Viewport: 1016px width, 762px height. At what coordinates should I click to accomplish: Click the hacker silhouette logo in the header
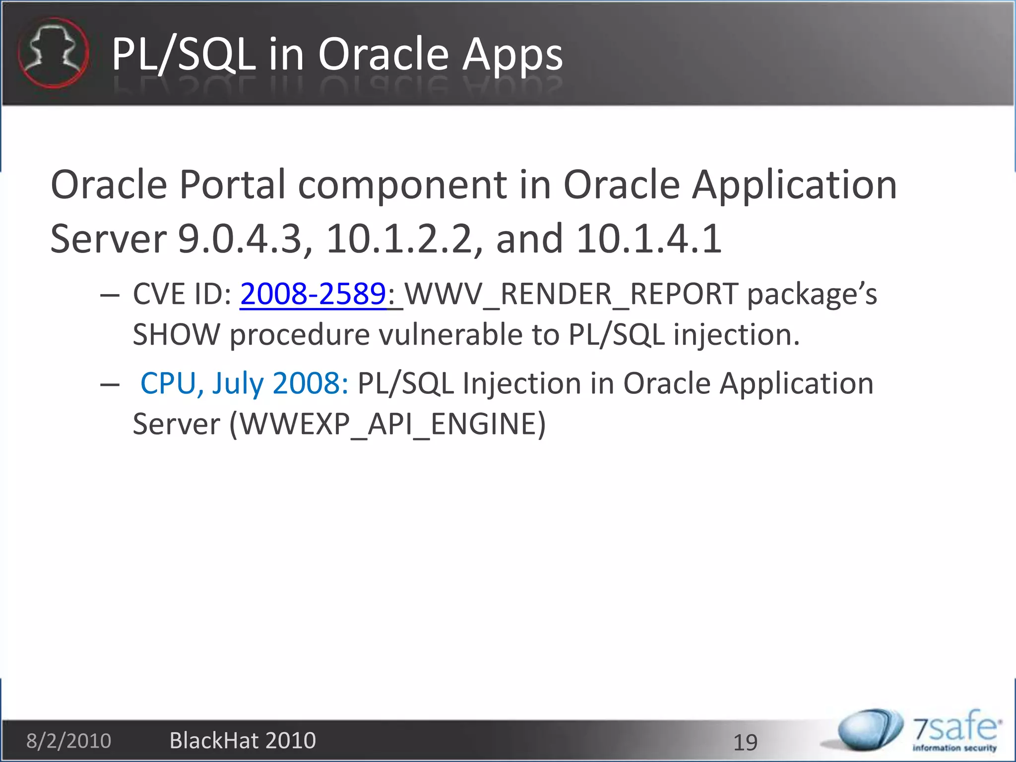54,53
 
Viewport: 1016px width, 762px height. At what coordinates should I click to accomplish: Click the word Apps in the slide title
512,55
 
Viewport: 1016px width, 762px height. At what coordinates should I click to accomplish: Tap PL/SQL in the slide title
183,55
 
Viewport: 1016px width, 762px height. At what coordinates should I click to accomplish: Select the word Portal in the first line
233,185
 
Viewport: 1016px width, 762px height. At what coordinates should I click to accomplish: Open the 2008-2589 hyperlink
313,294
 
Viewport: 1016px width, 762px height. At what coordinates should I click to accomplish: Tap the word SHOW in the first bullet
176,334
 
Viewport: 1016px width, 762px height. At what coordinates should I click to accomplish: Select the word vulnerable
450,334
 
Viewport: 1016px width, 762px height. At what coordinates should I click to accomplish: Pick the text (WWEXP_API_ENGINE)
387,424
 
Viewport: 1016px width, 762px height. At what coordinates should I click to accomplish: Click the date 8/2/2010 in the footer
68,741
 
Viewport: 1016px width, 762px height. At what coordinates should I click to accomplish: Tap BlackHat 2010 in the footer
243,741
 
